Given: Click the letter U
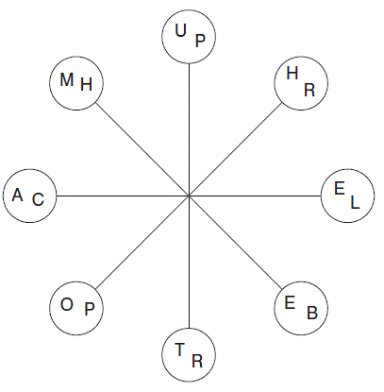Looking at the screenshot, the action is pos(180,30).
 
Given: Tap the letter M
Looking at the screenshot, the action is pos(67,79).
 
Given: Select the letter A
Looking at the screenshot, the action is pos(18,195).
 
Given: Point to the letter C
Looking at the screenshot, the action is pos(38,199).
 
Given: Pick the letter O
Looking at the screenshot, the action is pos(67,304).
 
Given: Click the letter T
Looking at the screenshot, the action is pos(179,349).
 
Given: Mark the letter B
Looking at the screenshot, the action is pos(312,313).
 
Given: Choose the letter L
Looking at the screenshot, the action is pos(355,202).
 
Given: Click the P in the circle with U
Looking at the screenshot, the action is pos(200,41).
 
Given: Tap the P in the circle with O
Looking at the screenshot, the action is pos(90,309).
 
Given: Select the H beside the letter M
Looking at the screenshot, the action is pos(87,84).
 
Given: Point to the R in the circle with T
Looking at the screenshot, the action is pos(197,361).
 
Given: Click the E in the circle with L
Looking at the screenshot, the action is pos(340,189).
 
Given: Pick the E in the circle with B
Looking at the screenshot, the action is pos(290,303).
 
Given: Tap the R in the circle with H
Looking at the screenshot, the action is pos(309,90).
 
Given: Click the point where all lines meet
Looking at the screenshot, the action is pos(189,196).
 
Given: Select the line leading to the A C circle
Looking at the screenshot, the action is pos(123,196).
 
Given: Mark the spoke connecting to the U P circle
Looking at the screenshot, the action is pos(189,129).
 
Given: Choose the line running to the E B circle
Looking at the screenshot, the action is pos(236,243).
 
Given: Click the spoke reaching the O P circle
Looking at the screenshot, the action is pos(142,243).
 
